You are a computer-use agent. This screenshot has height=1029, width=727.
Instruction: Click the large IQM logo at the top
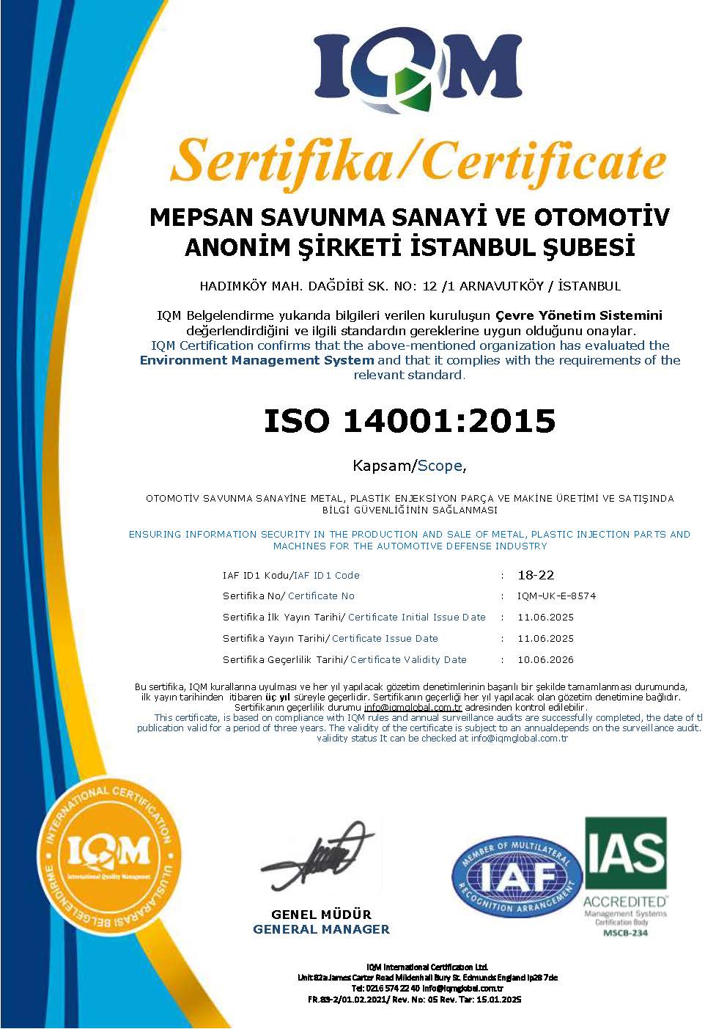418,71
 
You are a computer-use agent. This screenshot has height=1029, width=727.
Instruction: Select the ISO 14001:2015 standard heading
410,420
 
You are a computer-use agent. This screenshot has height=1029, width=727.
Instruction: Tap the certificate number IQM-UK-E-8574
556,596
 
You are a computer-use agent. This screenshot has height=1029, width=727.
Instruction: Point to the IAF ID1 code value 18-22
535,575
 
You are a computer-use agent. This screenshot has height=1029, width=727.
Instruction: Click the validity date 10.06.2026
545,659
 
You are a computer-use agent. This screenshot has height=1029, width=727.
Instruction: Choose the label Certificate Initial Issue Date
416,617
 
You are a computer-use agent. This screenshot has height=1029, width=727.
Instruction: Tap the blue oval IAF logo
517,877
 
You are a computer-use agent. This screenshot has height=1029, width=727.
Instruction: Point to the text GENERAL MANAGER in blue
321,929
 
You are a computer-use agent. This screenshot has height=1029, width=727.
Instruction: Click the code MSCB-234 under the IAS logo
625,932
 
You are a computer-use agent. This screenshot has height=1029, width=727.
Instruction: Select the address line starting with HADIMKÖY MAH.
410,286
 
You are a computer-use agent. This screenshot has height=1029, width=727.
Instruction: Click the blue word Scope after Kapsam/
440,465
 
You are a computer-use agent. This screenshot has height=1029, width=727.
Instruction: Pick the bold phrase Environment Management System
257,360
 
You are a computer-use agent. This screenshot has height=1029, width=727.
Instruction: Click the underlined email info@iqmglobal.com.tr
413,707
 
